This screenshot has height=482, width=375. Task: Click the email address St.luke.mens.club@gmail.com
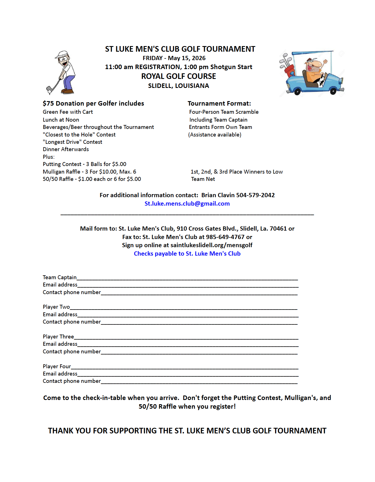(187, 204)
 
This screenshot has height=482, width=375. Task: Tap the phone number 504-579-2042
(255, 195)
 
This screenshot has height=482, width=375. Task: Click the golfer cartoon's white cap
(62, 54)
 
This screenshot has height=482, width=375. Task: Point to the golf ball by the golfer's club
(50, 92)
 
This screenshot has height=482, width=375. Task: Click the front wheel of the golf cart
(333, 91)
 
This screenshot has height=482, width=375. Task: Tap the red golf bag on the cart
(289, 71)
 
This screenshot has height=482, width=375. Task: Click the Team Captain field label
(60, 278)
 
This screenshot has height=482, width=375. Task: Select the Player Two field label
(56, 307)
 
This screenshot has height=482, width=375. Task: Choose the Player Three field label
(58, 337)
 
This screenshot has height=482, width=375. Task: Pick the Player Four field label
(57, 367)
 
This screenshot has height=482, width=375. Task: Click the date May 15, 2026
(187, 58)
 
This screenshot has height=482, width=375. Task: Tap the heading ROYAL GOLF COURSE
(179, 76)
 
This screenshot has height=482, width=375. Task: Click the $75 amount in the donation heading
(48, 104)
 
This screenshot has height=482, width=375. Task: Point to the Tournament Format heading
(219, 104)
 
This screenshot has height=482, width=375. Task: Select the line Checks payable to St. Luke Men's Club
(187, 254)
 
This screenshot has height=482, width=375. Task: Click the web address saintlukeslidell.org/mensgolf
(211, 245)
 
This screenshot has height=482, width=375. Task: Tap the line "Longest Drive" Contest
(72, 142)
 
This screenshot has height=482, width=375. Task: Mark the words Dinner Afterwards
(66, 149)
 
